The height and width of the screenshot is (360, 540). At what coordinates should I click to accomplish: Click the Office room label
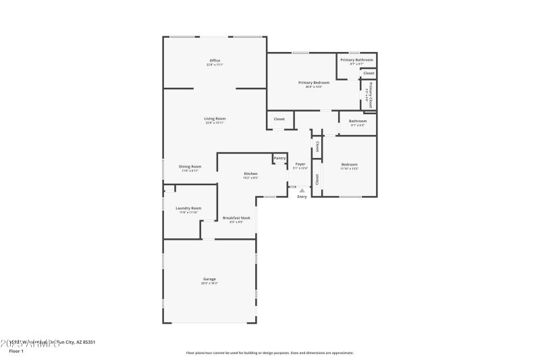(x=215, y=61)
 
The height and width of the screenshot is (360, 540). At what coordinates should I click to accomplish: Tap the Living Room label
(x=215, y=119)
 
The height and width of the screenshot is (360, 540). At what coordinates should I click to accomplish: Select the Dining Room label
(x=190, y=166)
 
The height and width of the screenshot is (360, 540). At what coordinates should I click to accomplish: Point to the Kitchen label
(x=250, y=174)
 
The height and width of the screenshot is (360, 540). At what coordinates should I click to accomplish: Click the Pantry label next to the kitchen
(x=279, y=158)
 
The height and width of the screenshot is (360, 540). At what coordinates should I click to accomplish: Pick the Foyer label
(x=300, y=163)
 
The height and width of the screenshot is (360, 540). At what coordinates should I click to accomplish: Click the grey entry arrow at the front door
(x=302, y=190)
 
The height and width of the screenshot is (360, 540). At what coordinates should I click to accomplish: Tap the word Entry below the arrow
(x=302, y=197)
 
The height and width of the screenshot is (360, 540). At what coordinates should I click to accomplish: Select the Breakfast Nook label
(x=236, y=217)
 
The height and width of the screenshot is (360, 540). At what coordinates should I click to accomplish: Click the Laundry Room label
(x=188, y=208)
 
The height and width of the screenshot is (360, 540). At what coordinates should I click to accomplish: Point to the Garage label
(x=209, y=279)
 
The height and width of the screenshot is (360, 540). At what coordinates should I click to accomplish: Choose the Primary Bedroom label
(x=314, y=82)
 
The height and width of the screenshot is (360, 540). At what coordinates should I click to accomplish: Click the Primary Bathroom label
(x=356, y=59)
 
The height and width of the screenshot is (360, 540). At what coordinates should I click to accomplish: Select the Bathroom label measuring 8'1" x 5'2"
(x=357, y=122)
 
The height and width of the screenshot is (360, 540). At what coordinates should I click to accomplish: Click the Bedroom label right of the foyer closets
(x=349, y=164)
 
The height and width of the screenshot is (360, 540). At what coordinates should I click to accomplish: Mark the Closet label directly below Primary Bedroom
(x=279, y=119)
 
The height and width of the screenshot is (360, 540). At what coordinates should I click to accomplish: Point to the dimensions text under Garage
(x=209, y=283)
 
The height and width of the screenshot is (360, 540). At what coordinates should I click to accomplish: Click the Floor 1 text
(x=16, y=351)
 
